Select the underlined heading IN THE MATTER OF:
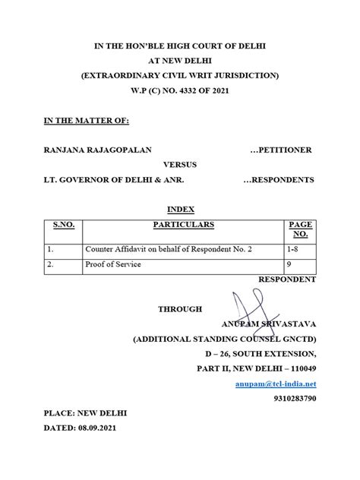pos(87,121)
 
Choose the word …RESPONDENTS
pos(279,180)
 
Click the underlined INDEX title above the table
pos(181,210)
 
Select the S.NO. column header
pos(62,225)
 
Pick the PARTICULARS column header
pos(183,225)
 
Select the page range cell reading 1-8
pos(293,249)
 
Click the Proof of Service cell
pos(114,264)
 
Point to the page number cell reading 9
pos(289,264)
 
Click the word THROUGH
pos(180,308)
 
